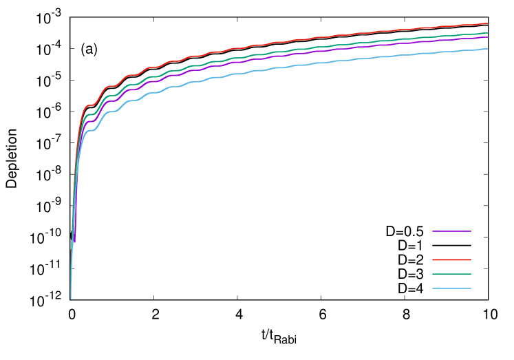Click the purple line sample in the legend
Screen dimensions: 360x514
[x=451, y=231]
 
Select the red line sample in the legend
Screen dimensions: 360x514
[x=451, y=260]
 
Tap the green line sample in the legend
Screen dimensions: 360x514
[x=451, y=274]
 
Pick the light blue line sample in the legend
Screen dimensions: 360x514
[x=451, y=288]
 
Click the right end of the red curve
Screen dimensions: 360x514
[x=487, y=23]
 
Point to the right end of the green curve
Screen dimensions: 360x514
[x=487, y=33]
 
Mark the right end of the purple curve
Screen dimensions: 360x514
[x=487, y=37]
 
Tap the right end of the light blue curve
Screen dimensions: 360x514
[x=487, y=49]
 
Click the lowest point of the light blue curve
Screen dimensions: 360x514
[x=70, y=299]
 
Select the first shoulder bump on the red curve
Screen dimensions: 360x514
[x=89, y=105]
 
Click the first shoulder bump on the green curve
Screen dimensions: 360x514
[x=89, y=114]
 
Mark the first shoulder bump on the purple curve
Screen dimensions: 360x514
[x=89, y=122]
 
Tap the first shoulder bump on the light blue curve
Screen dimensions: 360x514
[x=89, y=130]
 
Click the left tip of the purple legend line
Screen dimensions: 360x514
[x=433, y=231]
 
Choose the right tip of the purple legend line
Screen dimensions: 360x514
[x=471, y=231]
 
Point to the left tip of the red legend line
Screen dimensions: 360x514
[x=433, y=260]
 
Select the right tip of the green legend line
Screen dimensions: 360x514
[x=471, y=274]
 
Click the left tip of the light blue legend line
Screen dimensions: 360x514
[x=433, y=288]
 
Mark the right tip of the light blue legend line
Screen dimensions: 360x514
[x=471, y=288]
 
